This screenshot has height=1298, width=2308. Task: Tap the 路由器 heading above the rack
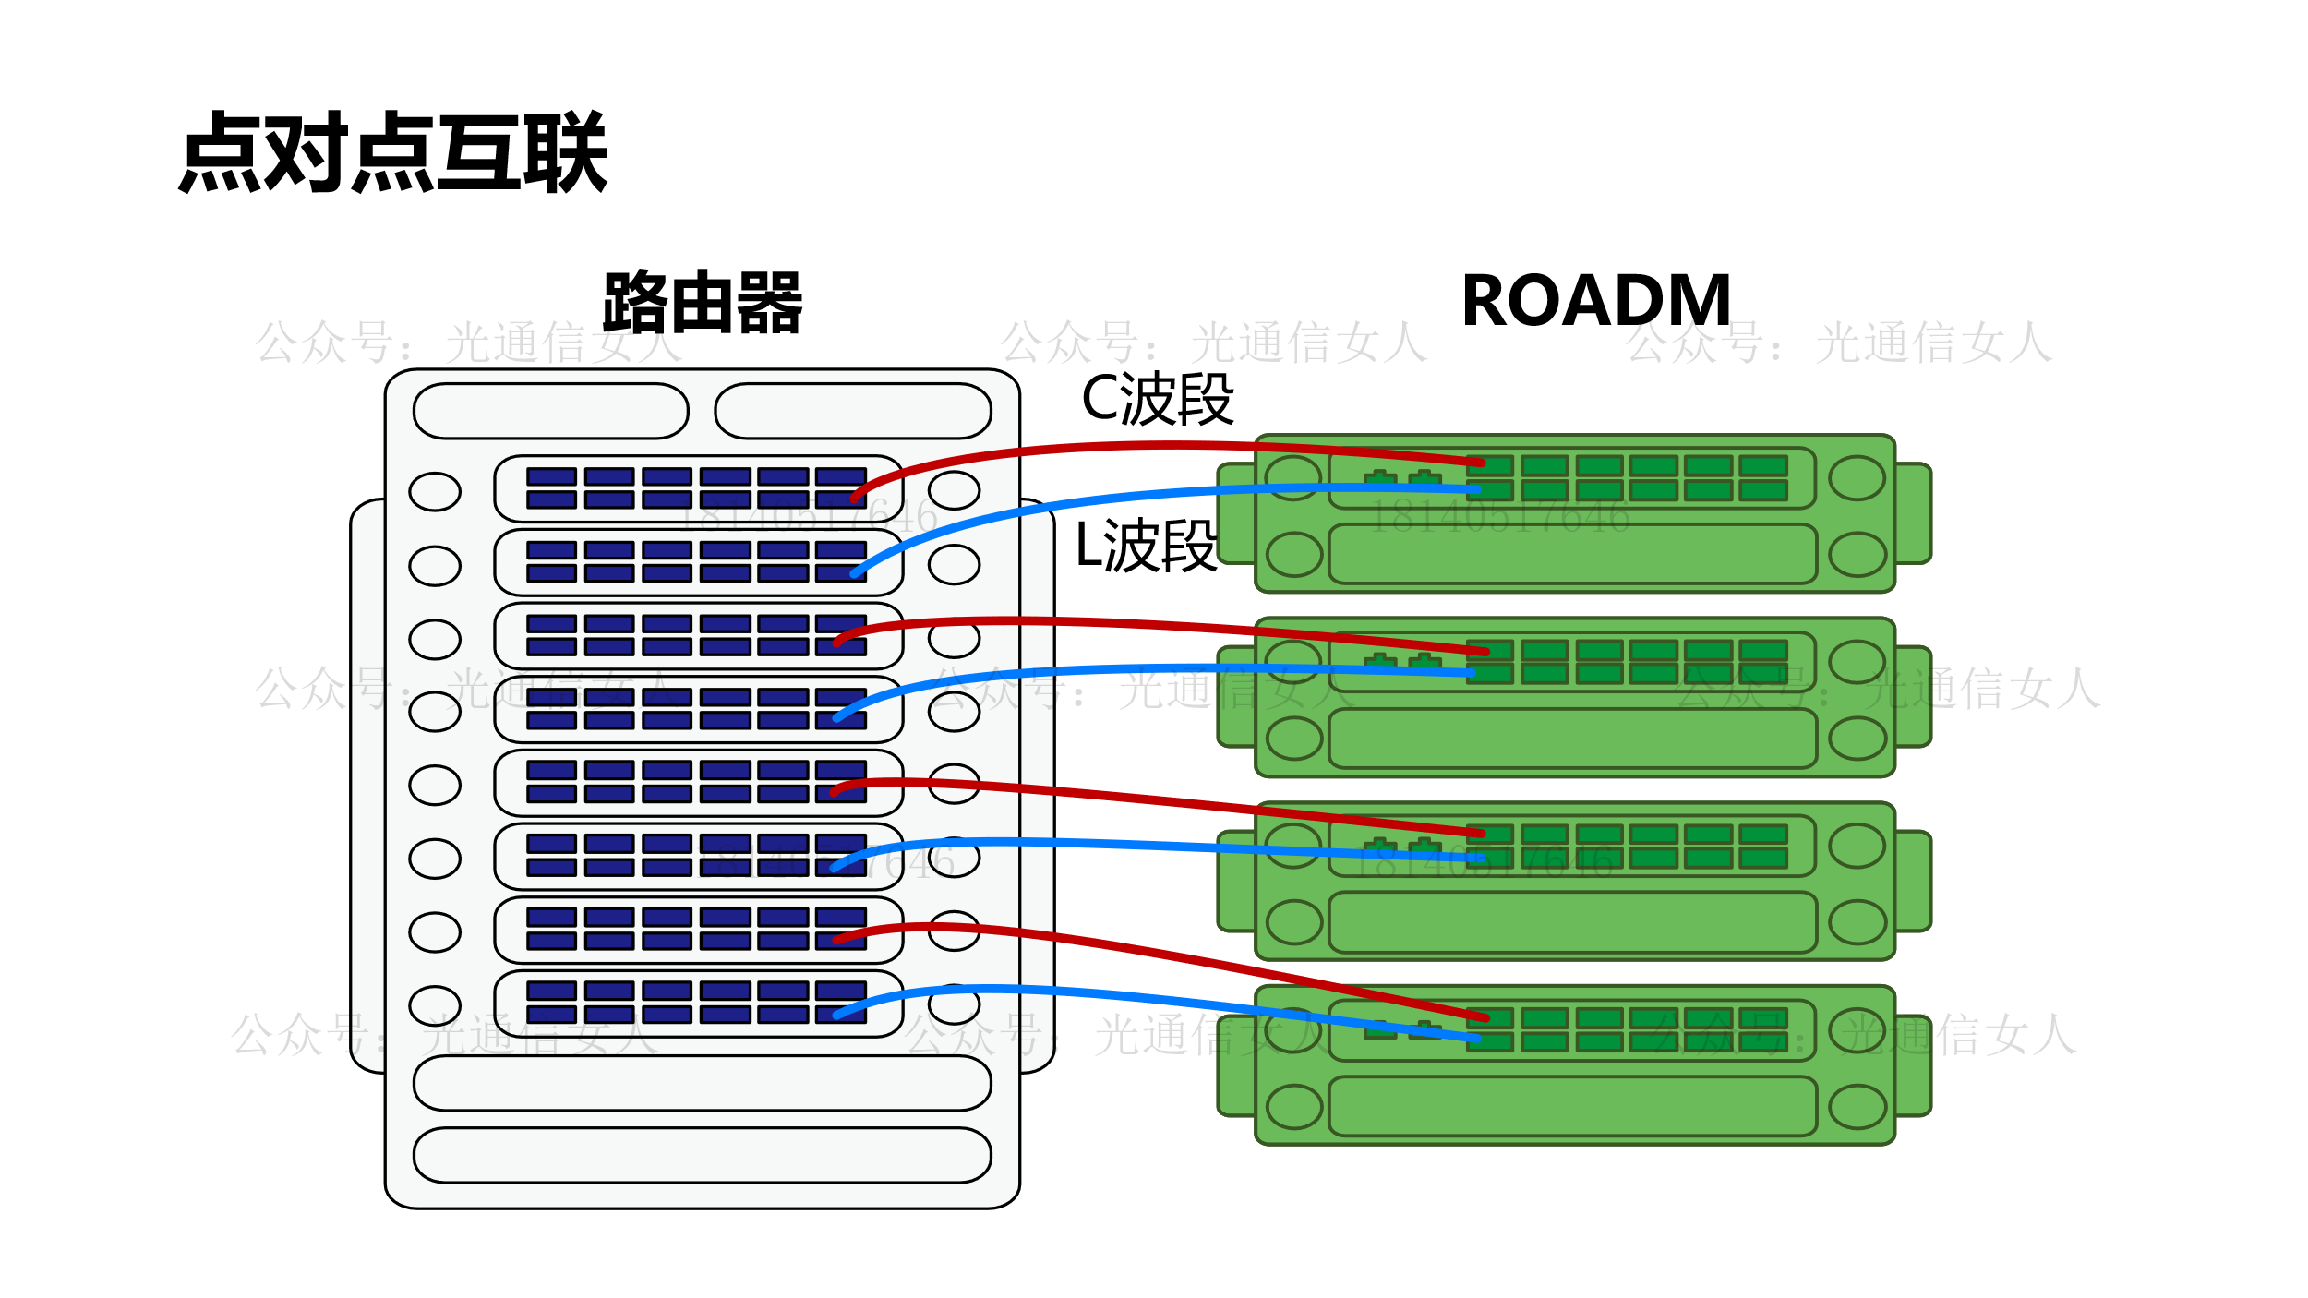coord(702,302)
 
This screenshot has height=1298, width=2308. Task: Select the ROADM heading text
coord(1596,301)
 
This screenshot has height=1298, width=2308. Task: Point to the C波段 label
coord(1157,399)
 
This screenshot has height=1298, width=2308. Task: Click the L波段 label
coord(1146,546)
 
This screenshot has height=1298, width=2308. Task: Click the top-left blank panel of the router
coord(551,411)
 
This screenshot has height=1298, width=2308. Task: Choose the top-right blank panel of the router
coord(852,411)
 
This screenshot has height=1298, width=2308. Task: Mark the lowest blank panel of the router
coord(702,1155)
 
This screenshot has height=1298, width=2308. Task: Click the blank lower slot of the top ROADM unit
coord(1572,554)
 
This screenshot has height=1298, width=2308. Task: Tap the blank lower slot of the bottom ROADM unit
coord(1572,1106)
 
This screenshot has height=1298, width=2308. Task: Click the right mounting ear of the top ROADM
coord(1912,513)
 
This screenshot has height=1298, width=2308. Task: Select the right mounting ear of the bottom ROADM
coord(1912,1065)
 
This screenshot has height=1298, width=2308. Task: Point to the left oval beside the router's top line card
coord(435,491)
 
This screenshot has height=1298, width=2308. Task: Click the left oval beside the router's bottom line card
coord(435,1005)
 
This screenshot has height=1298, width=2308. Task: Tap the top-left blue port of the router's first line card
coord(551,476)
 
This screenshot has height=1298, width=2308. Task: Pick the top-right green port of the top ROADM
coord(1763,466)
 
